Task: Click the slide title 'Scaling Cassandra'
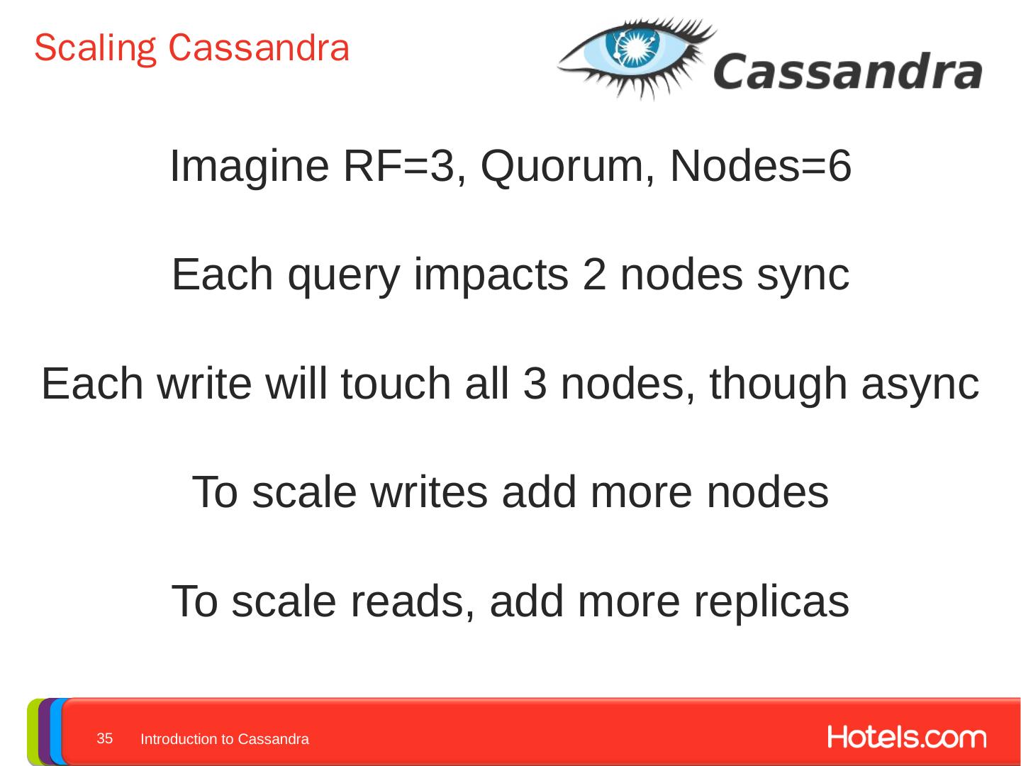tap(191, 48)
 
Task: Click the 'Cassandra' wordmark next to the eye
tap(847, 72)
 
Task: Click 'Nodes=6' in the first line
tap(760, 166)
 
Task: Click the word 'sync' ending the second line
tap(803, 275)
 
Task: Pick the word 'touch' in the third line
tap(396, 384)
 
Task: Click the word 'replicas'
tap(771, 601)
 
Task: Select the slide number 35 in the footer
tap(105, 738)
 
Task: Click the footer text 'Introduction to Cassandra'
tap(225, 739)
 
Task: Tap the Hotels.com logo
tap(906, 738)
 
